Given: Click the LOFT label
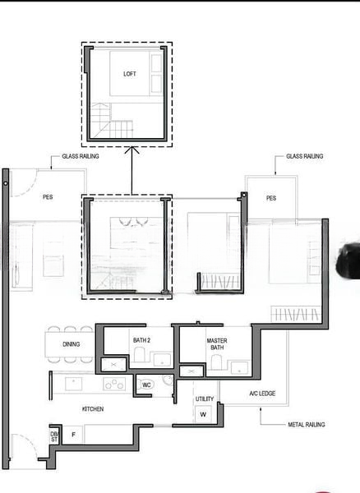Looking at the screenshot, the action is pyautogui.click(x=130, y=74).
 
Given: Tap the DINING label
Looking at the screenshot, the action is pyautogui.click(x=71, y=344).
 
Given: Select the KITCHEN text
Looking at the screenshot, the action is pyautogui.click(x=93, y=408).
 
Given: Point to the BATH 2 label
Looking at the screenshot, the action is pyautogui.click(x=141, y=340).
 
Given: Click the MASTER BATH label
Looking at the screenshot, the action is pyautogui.click(x=217, y=344).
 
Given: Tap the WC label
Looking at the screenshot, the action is pyautogui.click(x=146, y=385).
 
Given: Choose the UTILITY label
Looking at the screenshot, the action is pyautogui.click(x=205, y=399).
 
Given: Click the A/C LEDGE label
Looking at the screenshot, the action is pyautogui.click(x=262, y=394).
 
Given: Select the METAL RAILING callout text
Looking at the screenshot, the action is pyautogui.click(x=307, y=425).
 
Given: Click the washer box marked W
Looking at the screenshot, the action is pyautogui.click(x=203, y=414).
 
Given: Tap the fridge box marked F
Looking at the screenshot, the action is pyautogui.click(x=73, y=435).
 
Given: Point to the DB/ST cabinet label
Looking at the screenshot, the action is pyautogui.click(x=54, y=437).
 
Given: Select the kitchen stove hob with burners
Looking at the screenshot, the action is pyautogui.click(x=114, y=384).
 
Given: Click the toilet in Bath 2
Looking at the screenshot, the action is pyautogui.click(x=139, y=354).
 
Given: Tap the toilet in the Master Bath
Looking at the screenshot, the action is pyautogui.click(x=216, y=362).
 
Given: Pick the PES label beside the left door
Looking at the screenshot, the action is pyautogui.click(x=48, y=197).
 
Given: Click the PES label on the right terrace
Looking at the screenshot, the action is pyautogui.click(x=271, y=198).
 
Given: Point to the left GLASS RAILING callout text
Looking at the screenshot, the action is pyautogui.click(x=81, y=156).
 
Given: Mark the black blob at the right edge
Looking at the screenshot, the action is pyautogui.click(x=348, y=260).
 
